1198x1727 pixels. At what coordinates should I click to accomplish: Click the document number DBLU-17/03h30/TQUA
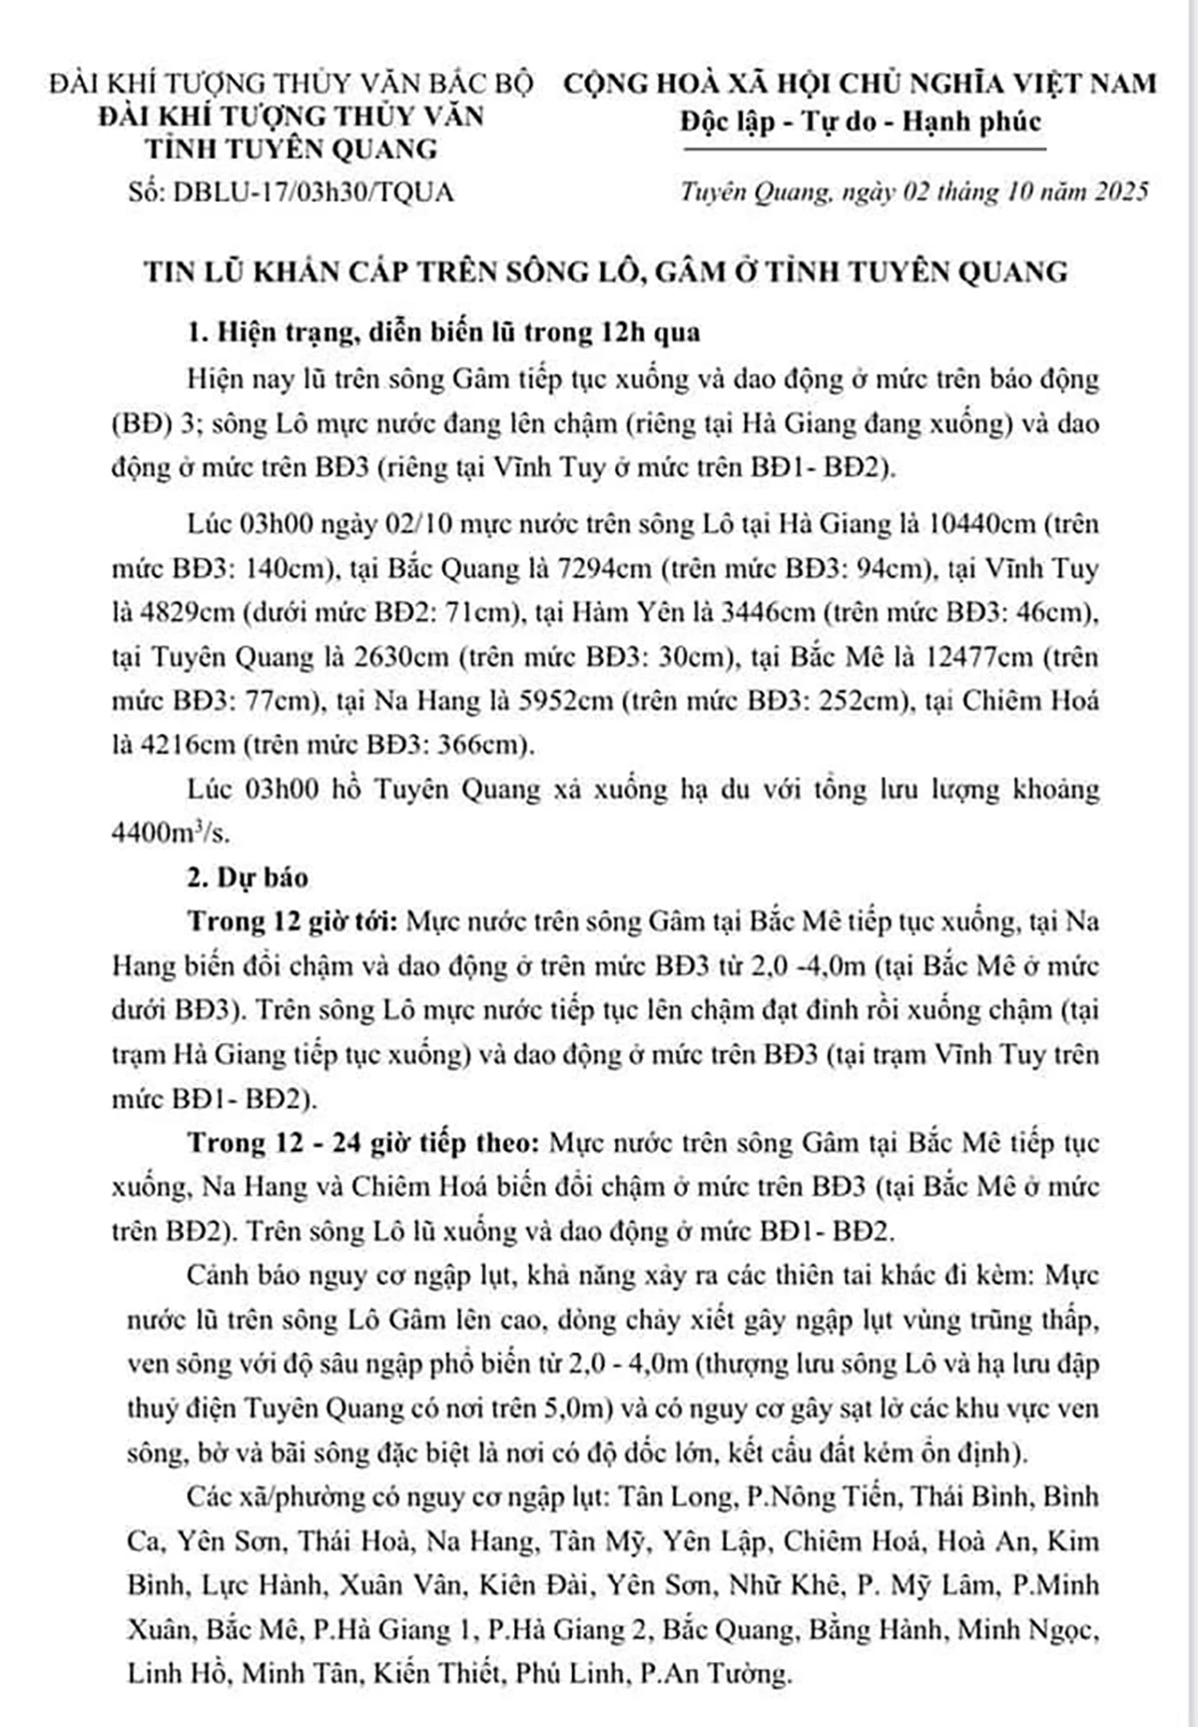313,192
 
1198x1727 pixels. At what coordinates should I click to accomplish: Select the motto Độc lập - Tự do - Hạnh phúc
861,122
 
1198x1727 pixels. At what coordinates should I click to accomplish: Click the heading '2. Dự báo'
249,877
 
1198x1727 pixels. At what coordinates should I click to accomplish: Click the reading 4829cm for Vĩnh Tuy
186,613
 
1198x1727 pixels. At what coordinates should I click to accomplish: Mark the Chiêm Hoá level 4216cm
186,745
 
